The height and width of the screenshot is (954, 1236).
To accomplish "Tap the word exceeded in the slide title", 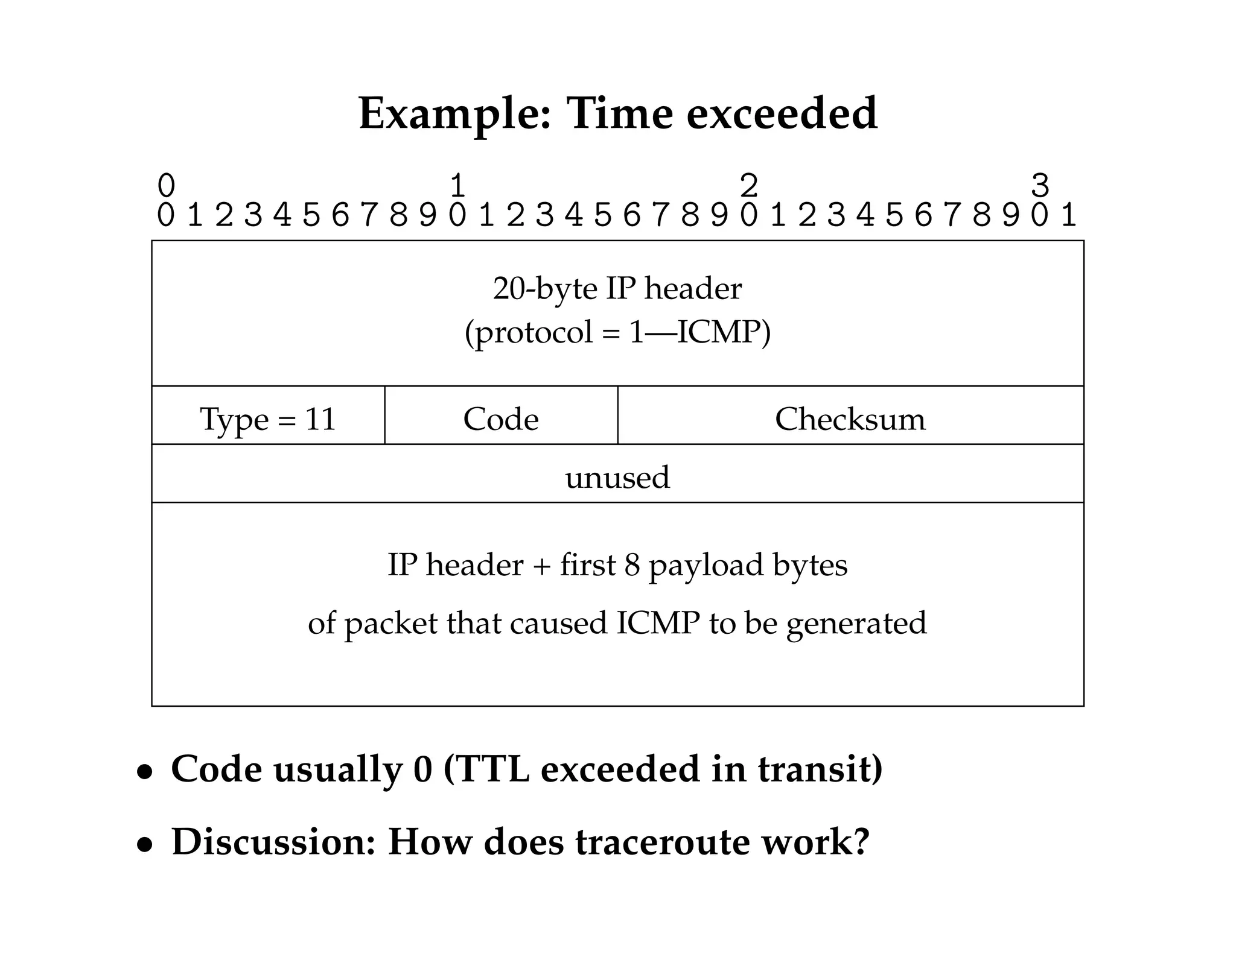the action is (782, 113).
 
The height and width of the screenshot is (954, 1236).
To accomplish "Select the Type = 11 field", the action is (268, 419).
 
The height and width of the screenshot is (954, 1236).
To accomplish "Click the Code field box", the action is (501, 419).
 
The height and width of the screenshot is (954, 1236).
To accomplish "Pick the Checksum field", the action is (850, 419).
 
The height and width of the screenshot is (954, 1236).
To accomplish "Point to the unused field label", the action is (617, 477).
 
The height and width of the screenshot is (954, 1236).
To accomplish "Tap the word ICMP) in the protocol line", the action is (724, 332).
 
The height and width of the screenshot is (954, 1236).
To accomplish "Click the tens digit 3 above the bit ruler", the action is (1040, 185).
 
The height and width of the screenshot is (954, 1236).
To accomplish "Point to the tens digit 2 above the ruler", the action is (748, 185).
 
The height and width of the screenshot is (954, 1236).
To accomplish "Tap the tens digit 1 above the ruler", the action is (457, 185).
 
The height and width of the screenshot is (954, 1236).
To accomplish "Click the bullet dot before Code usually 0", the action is (144, 772).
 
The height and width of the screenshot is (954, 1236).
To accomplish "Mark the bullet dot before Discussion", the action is (144, 845).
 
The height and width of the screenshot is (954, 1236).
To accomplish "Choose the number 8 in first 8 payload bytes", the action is (632, 566).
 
